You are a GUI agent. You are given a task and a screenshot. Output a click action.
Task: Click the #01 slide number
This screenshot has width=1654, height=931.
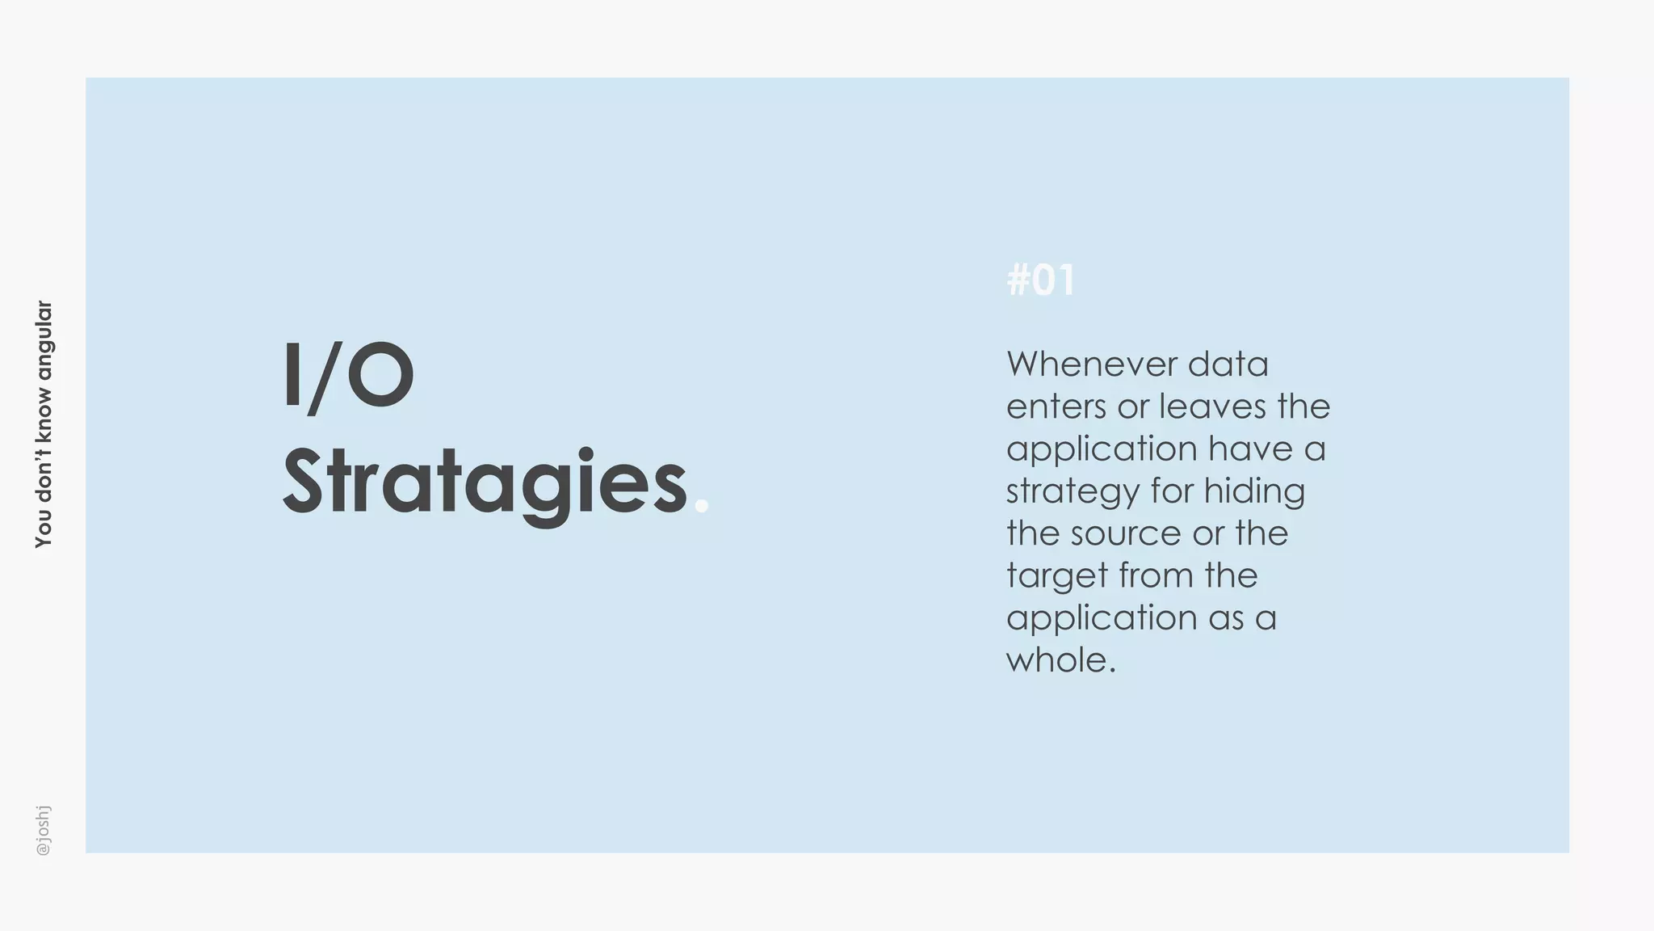click(1040, 280)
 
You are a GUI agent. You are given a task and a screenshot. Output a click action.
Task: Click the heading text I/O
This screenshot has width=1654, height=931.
click(348, 376)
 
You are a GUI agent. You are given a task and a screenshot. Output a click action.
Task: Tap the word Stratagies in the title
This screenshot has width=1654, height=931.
click(485, 482)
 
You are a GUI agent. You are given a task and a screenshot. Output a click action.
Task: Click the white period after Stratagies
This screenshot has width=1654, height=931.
click(701, 506)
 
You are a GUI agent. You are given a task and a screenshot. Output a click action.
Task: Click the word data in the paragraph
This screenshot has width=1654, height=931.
click(1228, 364)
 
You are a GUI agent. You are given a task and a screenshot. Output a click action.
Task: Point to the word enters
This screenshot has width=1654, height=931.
click(1056, 407)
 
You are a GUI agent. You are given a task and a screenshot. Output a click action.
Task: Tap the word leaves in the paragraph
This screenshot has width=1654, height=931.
click(1213, 407)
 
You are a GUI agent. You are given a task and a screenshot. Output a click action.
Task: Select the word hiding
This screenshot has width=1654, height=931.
click(1254, 492)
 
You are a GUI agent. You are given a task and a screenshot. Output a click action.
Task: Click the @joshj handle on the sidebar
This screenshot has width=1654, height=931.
click(44, 830)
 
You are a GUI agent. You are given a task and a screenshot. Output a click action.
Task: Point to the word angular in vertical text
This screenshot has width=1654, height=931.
click(44, 340)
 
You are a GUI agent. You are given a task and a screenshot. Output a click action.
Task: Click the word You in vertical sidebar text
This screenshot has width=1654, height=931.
click(44, 531)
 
